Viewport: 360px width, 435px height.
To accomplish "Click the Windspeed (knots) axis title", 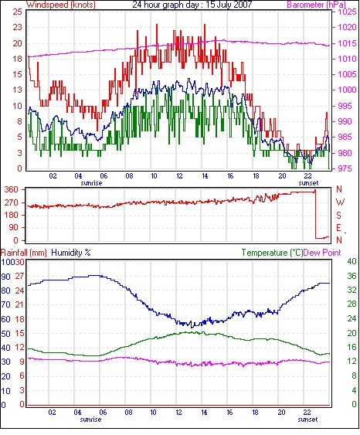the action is coord(61,5).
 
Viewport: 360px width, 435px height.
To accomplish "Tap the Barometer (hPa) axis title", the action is coord(316,5).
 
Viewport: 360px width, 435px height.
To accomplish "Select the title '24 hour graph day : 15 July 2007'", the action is coord(192,5).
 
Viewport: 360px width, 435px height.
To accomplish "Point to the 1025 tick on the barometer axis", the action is coord(347,12).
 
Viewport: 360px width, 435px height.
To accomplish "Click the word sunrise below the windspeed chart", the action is coord(91,183).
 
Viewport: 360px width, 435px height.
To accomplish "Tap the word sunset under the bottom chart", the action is coord(307,420).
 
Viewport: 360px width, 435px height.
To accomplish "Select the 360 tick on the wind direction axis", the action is coord(11,190).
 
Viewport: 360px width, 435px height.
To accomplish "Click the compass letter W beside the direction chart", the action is coord(340,202).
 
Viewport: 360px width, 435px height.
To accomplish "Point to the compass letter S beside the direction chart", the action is coord(339,215).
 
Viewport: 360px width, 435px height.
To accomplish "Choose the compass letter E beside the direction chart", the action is coord(338,228).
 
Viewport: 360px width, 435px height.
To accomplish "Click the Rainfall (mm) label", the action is coord(24,253).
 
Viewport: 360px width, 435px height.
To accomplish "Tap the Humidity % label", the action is coord(71,253).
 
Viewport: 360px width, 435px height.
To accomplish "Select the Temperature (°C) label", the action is coord(272,253).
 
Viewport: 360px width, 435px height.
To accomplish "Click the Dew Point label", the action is coord(322,253).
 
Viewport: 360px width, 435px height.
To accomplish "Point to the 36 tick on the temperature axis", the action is coord(352,276).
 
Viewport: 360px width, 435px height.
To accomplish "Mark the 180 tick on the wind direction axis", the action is coord(11,216).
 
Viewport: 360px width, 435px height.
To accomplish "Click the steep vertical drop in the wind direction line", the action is coord(316,214).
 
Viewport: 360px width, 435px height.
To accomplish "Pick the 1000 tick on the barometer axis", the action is coord(347,90).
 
